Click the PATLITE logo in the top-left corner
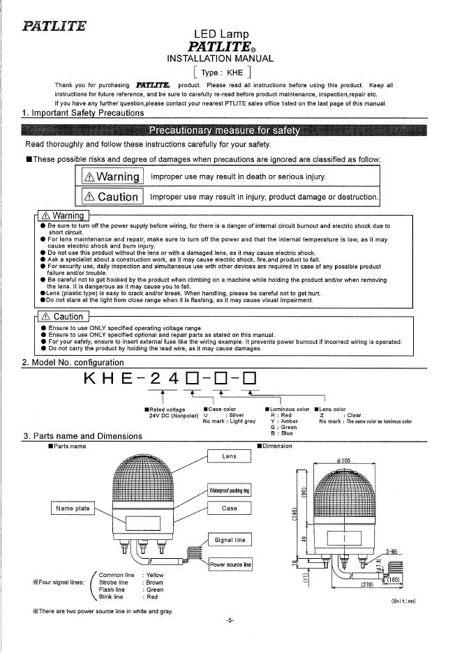coord(54,27)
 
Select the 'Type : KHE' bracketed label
coord(222,72)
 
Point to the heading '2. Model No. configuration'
coord(73,362)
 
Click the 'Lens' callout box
coord(229,456)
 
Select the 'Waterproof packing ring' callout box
coord(229,490)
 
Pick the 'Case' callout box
coord(229,509)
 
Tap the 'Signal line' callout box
coord(229,540)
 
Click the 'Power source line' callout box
coord(230,564)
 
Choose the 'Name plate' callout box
coord(73,509)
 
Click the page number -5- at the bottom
coord(230,620)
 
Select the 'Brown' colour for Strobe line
coord(154,582)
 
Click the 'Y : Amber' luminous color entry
coord(284,421)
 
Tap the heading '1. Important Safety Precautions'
coord(83,112)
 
